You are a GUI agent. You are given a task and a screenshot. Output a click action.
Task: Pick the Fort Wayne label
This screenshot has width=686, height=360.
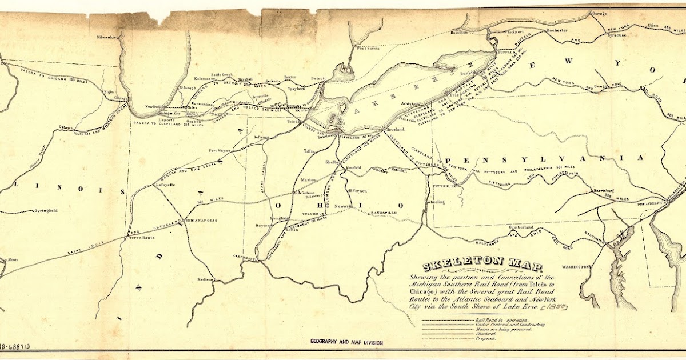coord(220,151)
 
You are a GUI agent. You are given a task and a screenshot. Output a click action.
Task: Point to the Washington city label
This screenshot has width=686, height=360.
coord(575,267)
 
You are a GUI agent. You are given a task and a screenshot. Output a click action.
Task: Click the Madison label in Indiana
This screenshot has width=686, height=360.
coord(205,279)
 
